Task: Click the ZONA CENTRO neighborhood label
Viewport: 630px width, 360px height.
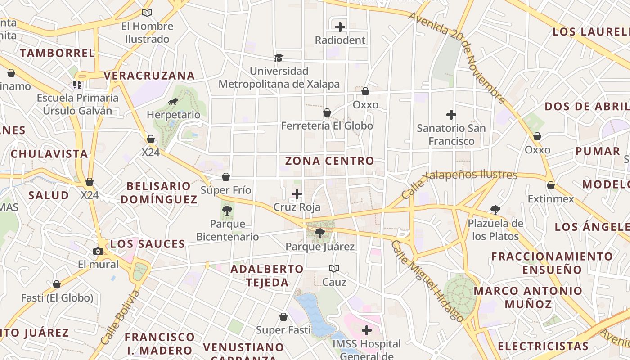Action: tap(329, 161)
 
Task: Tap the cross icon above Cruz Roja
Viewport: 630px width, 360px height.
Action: tap(297, 194)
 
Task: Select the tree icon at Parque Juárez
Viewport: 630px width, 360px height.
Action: tap(320, 233)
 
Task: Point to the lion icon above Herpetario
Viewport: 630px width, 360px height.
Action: tap(173, 101)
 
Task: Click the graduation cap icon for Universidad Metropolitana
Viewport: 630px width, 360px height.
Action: tap(279, 58)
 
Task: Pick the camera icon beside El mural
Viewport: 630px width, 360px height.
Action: tap(98, 251)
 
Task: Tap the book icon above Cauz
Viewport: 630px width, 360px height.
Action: tap(334, 269)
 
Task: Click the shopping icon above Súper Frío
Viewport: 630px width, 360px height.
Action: tap(226, 177)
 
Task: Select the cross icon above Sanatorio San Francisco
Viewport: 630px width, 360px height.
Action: tap(451, 115)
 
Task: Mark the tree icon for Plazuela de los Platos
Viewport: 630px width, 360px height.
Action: tap(495, 210)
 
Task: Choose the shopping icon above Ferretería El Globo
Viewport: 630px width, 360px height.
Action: tap(327, 112)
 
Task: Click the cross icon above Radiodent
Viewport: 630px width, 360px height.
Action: tap(340, 27)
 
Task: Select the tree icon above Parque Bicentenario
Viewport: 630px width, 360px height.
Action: tap(227, 210)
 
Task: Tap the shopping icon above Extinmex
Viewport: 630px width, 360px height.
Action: tap(550, 185)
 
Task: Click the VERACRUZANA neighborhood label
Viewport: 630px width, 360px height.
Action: tap(149, 76)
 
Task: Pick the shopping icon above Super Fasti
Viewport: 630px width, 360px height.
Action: tap(283, 317)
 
